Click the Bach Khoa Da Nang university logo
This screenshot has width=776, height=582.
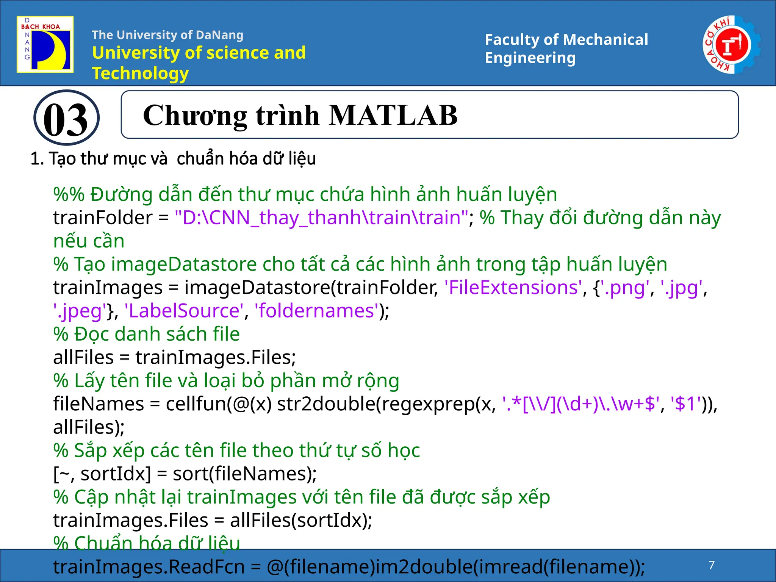point(45,44)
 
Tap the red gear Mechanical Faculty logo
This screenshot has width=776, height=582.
point(731,45)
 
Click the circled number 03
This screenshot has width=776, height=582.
point(66,118)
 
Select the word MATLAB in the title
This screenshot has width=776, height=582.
point(393,115)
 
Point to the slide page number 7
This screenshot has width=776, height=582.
point(712,565)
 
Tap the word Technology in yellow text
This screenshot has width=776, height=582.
point(140,73)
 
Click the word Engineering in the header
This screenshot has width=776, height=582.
point(530,58)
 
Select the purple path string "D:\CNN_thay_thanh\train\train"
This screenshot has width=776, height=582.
point(321,217)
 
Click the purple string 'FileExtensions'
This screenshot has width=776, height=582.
point(513,287)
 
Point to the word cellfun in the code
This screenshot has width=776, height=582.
point(196,404)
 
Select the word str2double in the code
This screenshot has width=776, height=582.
point(326,404)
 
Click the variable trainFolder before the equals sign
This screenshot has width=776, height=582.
point(102,217)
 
